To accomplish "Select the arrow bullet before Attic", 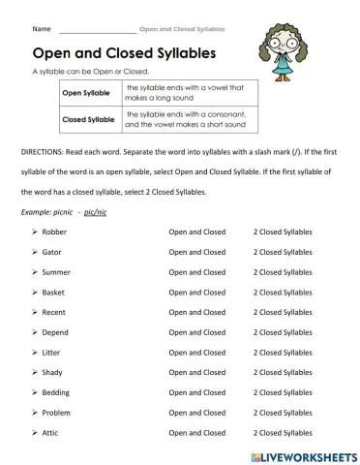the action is tap(34, 432).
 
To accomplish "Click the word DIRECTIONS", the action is tap(42, 153).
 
